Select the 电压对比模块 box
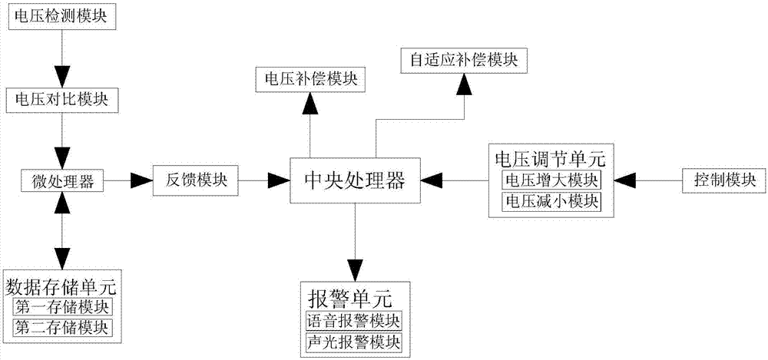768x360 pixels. pyautogui.click(x=61, y=101)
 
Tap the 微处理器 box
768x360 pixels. pyautogui.click(x=61, y=181)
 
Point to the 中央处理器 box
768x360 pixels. pyautogui.click(x=355, y=182)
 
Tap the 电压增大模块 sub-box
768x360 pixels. pyautogui.click(x=551, y=181)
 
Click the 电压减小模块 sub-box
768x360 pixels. pyautogui.click(x=551, y=201)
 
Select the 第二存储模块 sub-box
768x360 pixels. pyautogui.click(x=61, y=328)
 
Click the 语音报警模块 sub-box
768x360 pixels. pyautogui.click(x=354, y=320)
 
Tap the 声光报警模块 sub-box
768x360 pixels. pyautogui.click(x=354, y=340)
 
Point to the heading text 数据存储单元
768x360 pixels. pyautogui.click(x=61, y=287)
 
